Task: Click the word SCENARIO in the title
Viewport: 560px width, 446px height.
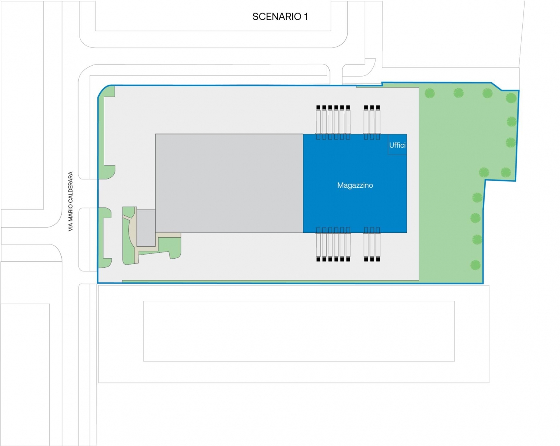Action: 277,17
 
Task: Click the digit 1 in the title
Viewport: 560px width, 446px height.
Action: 306,17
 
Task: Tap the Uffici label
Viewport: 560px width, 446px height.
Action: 397,145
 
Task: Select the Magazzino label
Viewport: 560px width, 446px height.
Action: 355,185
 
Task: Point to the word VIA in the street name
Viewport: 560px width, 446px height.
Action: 71,227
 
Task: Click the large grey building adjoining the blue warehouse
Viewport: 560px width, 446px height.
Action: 229,183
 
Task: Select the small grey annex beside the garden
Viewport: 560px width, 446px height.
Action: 146,228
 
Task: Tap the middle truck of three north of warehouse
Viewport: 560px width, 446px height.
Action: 372,120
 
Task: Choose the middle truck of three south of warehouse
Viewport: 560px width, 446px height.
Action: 372,244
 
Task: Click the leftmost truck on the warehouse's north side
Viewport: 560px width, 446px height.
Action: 318,120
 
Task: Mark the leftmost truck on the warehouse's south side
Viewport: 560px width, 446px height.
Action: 318,244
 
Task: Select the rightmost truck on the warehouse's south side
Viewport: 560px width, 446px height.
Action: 378,244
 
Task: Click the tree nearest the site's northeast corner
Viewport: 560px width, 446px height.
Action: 511,98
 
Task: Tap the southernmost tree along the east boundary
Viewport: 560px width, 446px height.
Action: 475,265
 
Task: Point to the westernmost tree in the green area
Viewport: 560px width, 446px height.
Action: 430,93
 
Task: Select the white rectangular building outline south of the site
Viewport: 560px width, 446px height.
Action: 299,331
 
